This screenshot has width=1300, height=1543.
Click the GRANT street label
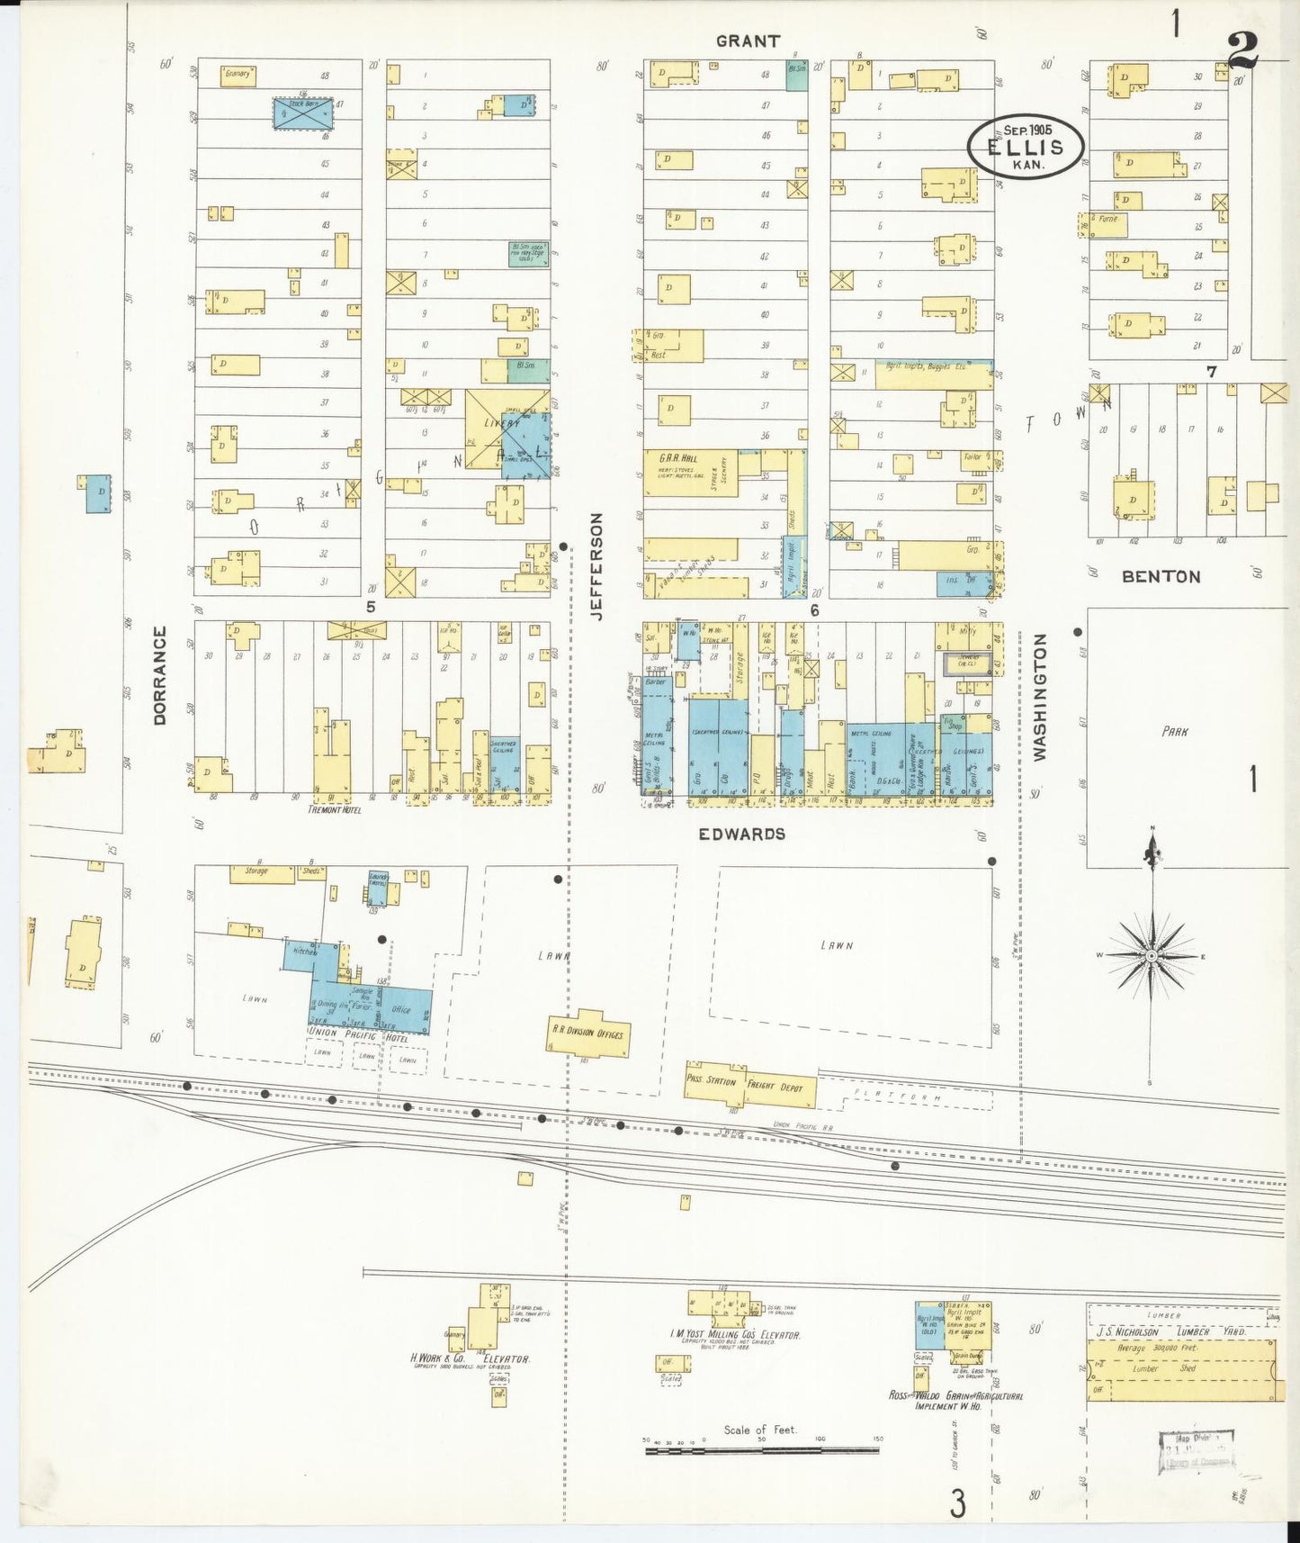coord(748,41)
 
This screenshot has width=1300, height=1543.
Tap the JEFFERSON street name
coord(596,566)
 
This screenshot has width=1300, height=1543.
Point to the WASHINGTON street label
coord(1040,698)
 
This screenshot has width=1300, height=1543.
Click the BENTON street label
coord(1161,577)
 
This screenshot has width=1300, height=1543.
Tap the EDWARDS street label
coord(742,835)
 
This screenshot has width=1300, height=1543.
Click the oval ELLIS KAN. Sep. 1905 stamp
coord(1026,147)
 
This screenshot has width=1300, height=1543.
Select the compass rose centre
coord(1151,955)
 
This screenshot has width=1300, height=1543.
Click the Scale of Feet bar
coord(762,1450)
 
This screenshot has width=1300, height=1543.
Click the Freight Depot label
coord(780,1087)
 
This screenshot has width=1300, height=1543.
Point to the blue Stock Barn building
coord(302,113)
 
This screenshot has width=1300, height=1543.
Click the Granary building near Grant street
coord(238,75)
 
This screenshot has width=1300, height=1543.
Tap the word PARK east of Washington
coord(1174,732)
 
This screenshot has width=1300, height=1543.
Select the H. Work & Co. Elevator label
coord(470,1358)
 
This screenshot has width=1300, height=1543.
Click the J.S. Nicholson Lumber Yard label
coord(1170,1331)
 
